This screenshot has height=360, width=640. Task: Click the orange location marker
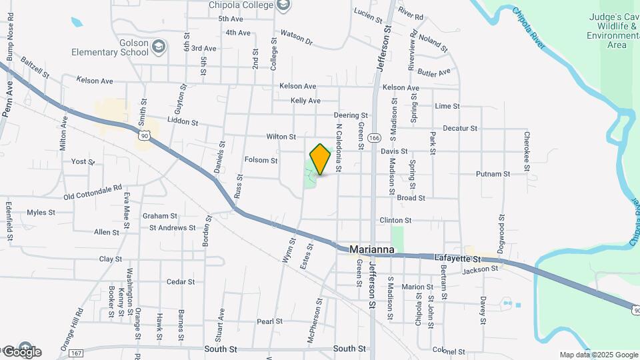(321, 159)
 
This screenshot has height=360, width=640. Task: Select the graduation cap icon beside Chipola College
(284, 5)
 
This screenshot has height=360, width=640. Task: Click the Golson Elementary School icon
(158, 46)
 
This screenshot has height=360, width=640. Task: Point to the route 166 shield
(376, 138)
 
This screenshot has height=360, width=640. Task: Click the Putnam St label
(493, 174)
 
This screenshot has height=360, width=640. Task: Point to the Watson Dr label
(296, 36)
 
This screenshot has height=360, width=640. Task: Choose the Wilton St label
(281, 137)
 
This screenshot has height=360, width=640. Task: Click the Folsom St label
(261, 160)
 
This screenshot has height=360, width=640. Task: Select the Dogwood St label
(502, 231)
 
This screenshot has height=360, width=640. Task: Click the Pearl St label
(270, 321)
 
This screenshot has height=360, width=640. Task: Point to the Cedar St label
(180, 282)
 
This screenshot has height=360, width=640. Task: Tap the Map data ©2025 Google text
(598, 355)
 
